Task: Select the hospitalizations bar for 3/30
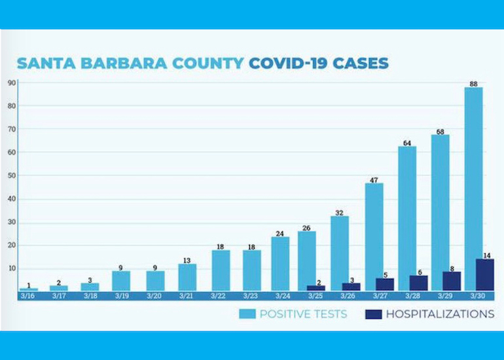485,275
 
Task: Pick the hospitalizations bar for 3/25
315,287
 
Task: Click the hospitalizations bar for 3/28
419,283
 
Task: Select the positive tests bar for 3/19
121,281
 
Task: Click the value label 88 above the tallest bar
474,83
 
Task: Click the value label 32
340,212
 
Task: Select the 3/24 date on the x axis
280,296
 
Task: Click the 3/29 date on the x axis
441,296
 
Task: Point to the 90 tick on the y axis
12,82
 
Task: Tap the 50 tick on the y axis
12,175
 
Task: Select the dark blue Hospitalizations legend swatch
372,314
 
